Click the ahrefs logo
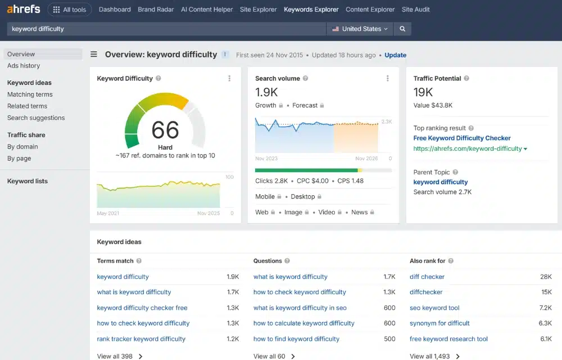click(24, 9)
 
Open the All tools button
click(70, 10)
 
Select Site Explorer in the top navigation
click(258, 10)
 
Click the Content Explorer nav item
click(370, 10)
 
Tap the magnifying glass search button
click(402, 29)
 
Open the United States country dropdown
click(360, 29)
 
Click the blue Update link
click(395, 55)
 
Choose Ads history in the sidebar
click(24, 66)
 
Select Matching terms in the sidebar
click(30, 94)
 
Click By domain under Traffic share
click(22, 147)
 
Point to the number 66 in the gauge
click(165, 130)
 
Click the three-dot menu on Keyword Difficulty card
click(229, 79)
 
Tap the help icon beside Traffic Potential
click(466, 78)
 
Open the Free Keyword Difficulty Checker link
click(461, 138)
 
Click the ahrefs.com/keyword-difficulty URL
click(468, 149)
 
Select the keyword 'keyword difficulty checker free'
click(142, 308)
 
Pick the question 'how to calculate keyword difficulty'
click(303, 323)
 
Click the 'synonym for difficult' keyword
click(439, 323)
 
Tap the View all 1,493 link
click(434, 356)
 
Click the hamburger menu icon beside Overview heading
click(94, 54)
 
